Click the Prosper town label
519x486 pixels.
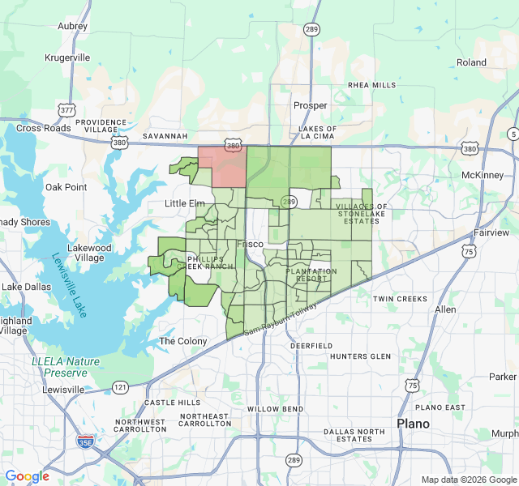pos(311,105)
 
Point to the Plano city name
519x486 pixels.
pos(414,424)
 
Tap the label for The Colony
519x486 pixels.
pos(182,341)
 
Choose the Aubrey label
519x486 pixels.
pos(72,26)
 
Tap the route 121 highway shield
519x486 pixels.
pos(119,386)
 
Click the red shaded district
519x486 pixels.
pos(222,165)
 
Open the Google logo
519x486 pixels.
pos(27,476)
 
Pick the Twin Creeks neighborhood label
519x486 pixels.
pos(400,299)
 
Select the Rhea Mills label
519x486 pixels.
pos(372,85)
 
